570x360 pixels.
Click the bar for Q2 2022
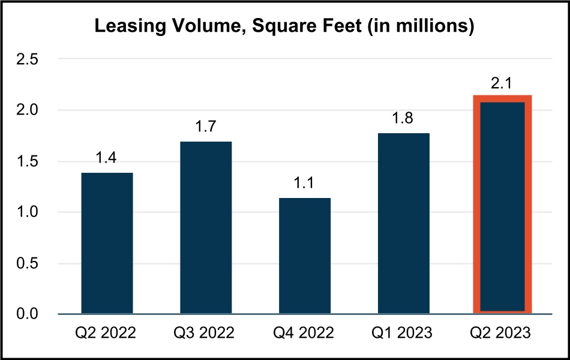[107, 243]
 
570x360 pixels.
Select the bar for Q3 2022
[206, 227]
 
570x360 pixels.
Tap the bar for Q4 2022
[305, 256]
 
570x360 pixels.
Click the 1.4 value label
[107, 158]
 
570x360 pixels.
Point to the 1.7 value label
[206, 127]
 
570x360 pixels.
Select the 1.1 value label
[305, 184]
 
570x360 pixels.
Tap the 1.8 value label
[404, 119]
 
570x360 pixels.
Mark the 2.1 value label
[503, 85]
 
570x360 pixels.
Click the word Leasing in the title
[127, 28]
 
